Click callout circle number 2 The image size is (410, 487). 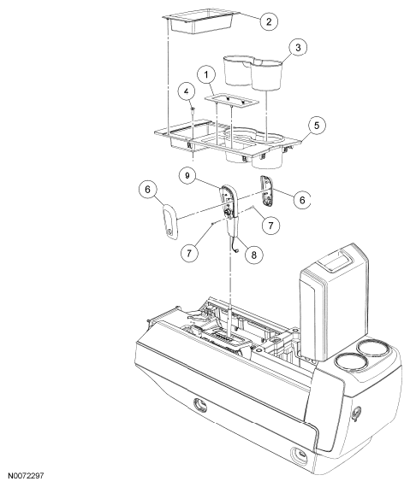(269, 21)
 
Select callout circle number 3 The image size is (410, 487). (298, 48)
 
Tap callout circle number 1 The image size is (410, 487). (206, 74)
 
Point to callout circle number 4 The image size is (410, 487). (187, 92)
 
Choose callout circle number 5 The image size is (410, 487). (317, 126)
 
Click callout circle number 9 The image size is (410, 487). (187, 175)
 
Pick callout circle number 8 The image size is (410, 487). (254, 255)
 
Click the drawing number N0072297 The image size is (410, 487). (27, 476)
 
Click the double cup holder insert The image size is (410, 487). (253, 72)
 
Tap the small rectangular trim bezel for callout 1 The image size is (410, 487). (232, 100)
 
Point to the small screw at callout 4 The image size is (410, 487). (193, 109)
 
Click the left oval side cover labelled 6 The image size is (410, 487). (169, 222)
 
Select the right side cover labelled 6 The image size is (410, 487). (266, 191)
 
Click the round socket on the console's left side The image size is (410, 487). (200, 405)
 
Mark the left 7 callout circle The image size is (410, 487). (189, 252)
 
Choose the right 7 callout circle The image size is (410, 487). (270, 225)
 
